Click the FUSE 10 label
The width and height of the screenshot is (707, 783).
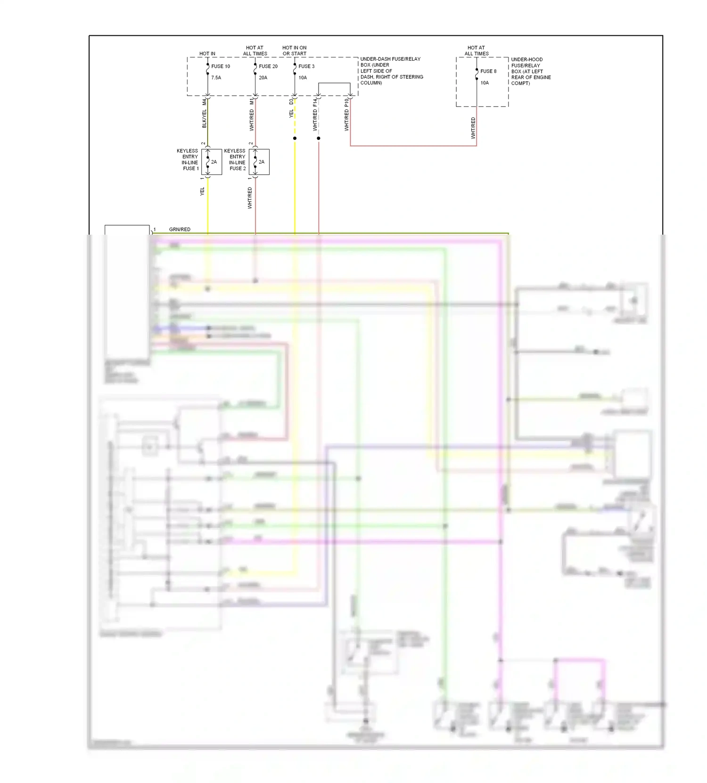220,66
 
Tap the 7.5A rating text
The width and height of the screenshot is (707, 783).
216,78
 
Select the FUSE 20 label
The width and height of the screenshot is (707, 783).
268,66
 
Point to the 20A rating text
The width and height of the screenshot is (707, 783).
263,78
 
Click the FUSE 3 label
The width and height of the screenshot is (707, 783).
306,66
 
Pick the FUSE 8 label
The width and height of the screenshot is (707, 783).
488,71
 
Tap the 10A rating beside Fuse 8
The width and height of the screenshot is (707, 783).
485,83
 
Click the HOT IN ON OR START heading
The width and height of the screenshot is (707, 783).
294,50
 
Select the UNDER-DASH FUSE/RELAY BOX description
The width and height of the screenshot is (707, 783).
391,71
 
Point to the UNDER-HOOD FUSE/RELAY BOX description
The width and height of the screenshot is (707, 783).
531,71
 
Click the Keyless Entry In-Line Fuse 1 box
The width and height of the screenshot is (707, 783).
212,162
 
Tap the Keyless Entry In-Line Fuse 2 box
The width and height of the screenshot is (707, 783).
259,162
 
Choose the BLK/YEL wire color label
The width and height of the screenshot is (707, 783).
204,119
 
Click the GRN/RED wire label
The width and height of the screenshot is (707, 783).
180,229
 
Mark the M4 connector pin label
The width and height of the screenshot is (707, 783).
204,102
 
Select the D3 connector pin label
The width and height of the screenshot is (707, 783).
291,101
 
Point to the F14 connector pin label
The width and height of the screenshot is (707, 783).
315,102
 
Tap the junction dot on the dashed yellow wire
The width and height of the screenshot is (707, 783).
295,139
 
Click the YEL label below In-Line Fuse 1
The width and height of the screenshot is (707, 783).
202,191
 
